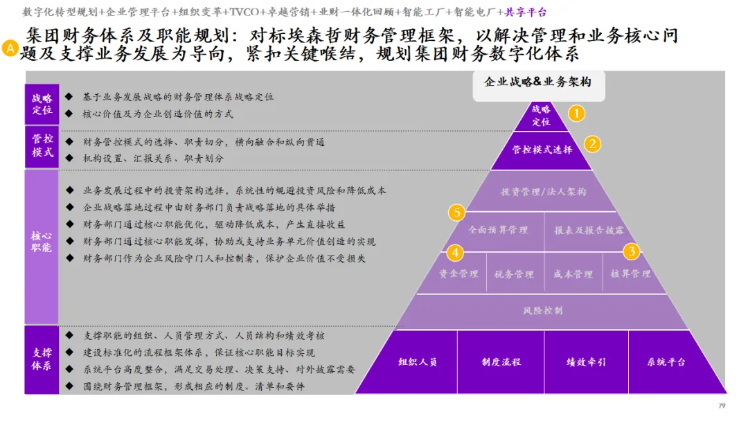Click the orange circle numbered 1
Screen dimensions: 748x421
[x=577, y=114]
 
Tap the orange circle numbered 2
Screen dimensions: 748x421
[x=592, y=144]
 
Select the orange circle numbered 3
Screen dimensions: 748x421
[x=631, y=251]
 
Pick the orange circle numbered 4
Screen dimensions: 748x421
[x=454, y=252]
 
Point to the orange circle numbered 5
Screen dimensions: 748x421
[x=456, y=213]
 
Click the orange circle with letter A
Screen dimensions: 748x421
[x=10, y=48]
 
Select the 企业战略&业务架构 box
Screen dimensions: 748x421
[x=537, y=82]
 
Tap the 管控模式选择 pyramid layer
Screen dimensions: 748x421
[x=542, y=150]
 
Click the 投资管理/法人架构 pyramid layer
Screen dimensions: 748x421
[x=543, y=191]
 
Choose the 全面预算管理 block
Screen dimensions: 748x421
[x=499, y=230]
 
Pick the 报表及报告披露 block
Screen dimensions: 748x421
[x=589, y=230]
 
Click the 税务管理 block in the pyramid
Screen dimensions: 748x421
[x=514, y=274]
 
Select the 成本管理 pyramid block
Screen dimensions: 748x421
[x=573, y=274]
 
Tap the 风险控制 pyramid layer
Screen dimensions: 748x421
[x=542, y=311]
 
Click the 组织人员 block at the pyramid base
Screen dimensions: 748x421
[x=418, y=362]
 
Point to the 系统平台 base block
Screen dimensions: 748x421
[x=666, y=362]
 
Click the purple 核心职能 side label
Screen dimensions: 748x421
[x=42, y=242]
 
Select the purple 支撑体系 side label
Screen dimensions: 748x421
[x=42, y=359]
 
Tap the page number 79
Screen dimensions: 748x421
[x=721, y=405]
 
